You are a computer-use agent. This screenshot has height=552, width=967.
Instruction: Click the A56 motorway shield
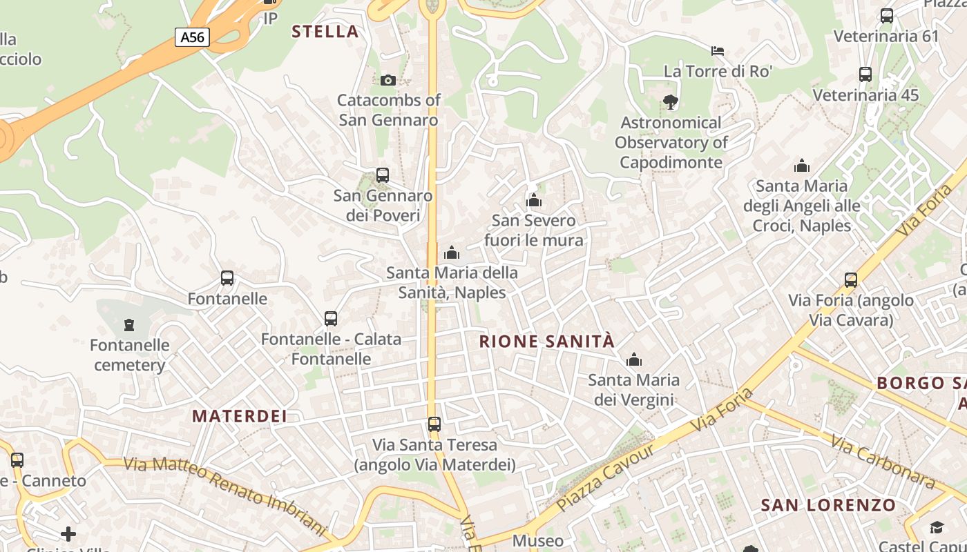point(192,37)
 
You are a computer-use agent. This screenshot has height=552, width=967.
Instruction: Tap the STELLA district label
point(325,31)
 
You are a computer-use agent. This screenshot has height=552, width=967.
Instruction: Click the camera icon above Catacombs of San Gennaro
point(387,80)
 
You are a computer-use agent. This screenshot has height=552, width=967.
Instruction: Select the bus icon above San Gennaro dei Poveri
point(383,175)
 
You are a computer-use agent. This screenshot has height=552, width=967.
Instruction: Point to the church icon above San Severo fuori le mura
point(534,201)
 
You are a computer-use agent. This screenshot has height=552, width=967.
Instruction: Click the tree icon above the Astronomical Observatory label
point(670,103)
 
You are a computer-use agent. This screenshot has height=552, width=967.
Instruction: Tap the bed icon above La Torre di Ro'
point(718,51)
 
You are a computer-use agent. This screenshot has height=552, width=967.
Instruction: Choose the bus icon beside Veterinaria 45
point(865,75)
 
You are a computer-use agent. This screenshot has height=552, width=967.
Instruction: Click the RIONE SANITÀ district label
point(546,341)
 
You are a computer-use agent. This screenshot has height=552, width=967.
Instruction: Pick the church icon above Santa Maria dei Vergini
point(633,359)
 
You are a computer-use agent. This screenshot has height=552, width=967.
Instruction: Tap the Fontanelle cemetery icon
point(129,324)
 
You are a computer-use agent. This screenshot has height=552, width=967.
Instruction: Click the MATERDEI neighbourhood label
point(240,416)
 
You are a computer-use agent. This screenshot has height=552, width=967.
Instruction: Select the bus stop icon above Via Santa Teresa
point(434,424)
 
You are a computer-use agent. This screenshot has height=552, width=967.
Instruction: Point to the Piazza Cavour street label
point(605,477)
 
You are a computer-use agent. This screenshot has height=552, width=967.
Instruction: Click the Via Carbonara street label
point(883,460)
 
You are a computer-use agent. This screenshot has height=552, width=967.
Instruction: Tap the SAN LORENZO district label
point(828,505)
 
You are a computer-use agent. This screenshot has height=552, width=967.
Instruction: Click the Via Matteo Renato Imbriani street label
point(224,495)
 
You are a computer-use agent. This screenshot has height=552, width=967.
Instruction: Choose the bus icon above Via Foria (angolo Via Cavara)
point(851,280)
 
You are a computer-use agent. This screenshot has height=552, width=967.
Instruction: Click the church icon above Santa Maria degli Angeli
point(802,166)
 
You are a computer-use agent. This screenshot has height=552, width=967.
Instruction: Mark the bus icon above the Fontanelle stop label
point(227,278)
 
